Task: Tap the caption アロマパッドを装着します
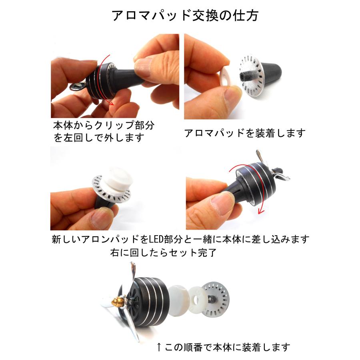pyautogui.click(x=245, y=133)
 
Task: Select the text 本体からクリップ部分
pyautogui.click(x=104, y=125)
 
